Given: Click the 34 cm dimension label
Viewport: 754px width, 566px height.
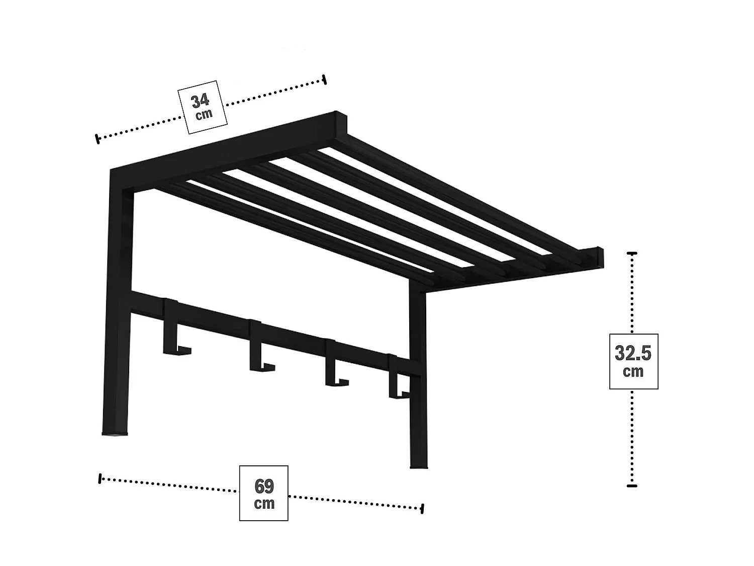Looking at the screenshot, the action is point(203,107).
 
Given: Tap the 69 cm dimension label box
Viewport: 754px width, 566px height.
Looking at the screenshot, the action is point(263,493).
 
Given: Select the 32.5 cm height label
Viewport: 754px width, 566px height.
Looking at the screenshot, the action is point(634,361).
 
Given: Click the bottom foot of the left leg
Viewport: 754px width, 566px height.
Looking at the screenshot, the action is point(115,433).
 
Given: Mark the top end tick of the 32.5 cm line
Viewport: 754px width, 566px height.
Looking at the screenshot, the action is point(632,253).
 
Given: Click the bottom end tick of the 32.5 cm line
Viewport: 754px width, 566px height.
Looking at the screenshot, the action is point(632,486).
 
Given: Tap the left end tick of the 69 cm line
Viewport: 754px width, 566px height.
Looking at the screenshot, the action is point(100,478).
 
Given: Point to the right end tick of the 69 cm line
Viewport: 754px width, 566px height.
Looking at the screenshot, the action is point(422,509).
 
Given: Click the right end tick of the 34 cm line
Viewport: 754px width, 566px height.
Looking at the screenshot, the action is point(324,79).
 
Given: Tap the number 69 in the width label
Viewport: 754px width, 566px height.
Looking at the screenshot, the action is point(264,487).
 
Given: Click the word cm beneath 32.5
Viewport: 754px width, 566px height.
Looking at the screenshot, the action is point(633,372).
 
